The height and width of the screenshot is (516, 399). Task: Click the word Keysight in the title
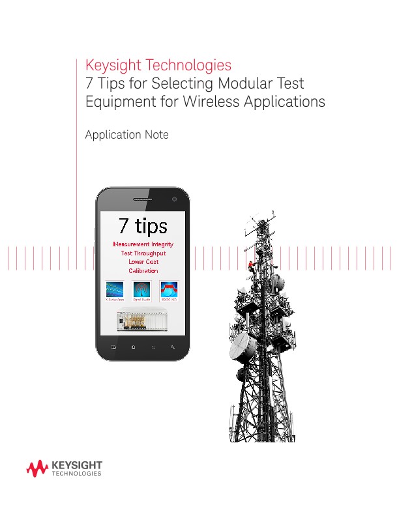pos(113,66)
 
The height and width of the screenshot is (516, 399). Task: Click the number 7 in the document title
pos(90,84)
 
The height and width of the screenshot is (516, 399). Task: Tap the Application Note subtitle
pos(127,135)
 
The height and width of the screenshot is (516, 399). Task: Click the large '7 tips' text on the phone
pos(143,225)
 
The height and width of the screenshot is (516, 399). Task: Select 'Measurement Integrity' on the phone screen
pos(143,244)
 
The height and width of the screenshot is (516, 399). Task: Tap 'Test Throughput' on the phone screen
pos(143,253)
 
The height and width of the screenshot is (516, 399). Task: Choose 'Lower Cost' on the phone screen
pos(143,262)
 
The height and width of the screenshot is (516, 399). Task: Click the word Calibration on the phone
pos(143,271)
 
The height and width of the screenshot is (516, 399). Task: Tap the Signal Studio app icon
pos(142,290)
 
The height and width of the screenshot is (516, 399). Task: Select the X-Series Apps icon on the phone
pos(115,290)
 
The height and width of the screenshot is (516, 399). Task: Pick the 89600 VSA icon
pos(170,290)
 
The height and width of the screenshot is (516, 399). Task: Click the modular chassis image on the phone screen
pos(142,320)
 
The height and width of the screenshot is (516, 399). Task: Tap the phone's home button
pos(133,347)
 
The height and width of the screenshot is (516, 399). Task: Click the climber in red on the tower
pos(250,264)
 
